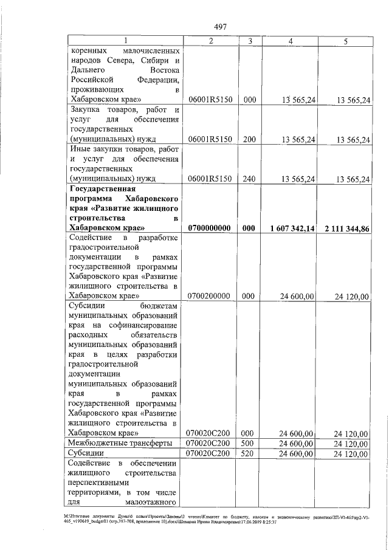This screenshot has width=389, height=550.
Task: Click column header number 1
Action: point(126,41)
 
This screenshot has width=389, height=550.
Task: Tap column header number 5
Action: point(346,41)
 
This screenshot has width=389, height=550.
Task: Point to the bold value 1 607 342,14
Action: point(291,228)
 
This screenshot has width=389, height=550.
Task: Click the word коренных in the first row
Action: point(91,50)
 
